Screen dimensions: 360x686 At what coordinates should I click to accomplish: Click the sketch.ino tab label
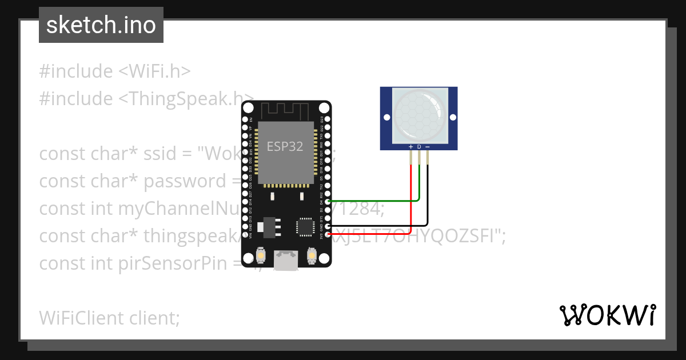click(x=101, y=25)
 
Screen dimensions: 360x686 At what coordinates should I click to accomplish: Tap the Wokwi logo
click(x=607, y=315)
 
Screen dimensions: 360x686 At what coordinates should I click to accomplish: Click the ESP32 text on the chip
click(x=285, y=146)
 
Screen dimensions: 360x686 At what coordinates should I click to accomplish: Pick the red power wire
click(x=411, y=206)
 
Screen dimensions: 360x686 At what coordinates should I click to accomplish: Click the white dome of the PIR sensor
click(x=418, y=115)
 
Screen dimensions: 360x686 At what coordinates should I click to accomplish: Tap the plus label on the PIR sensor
click(x=410, y=147)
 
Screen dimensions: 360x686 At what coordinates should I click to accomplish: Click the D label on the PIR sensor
click(x=419, y=147)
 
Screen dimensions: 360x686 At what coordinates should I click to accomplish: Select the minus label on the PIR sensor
click(x=428, y=147)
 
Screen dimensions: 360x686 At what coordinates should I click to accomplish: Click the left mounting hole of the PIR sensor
click(x=387, y=118)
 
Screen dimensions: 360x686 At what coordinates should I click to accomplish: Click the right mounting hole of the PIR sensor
click(x=451, y=118)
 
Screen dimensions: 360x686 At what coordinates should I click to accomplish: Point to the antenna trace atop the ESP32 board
click(x=285, y=110)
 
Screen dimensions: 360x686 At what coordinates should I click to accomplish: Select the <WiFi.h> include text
click(x=154, y=71)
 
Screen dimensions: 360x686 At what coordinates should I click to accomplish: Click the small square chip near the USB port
click(x=304, y=227)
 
